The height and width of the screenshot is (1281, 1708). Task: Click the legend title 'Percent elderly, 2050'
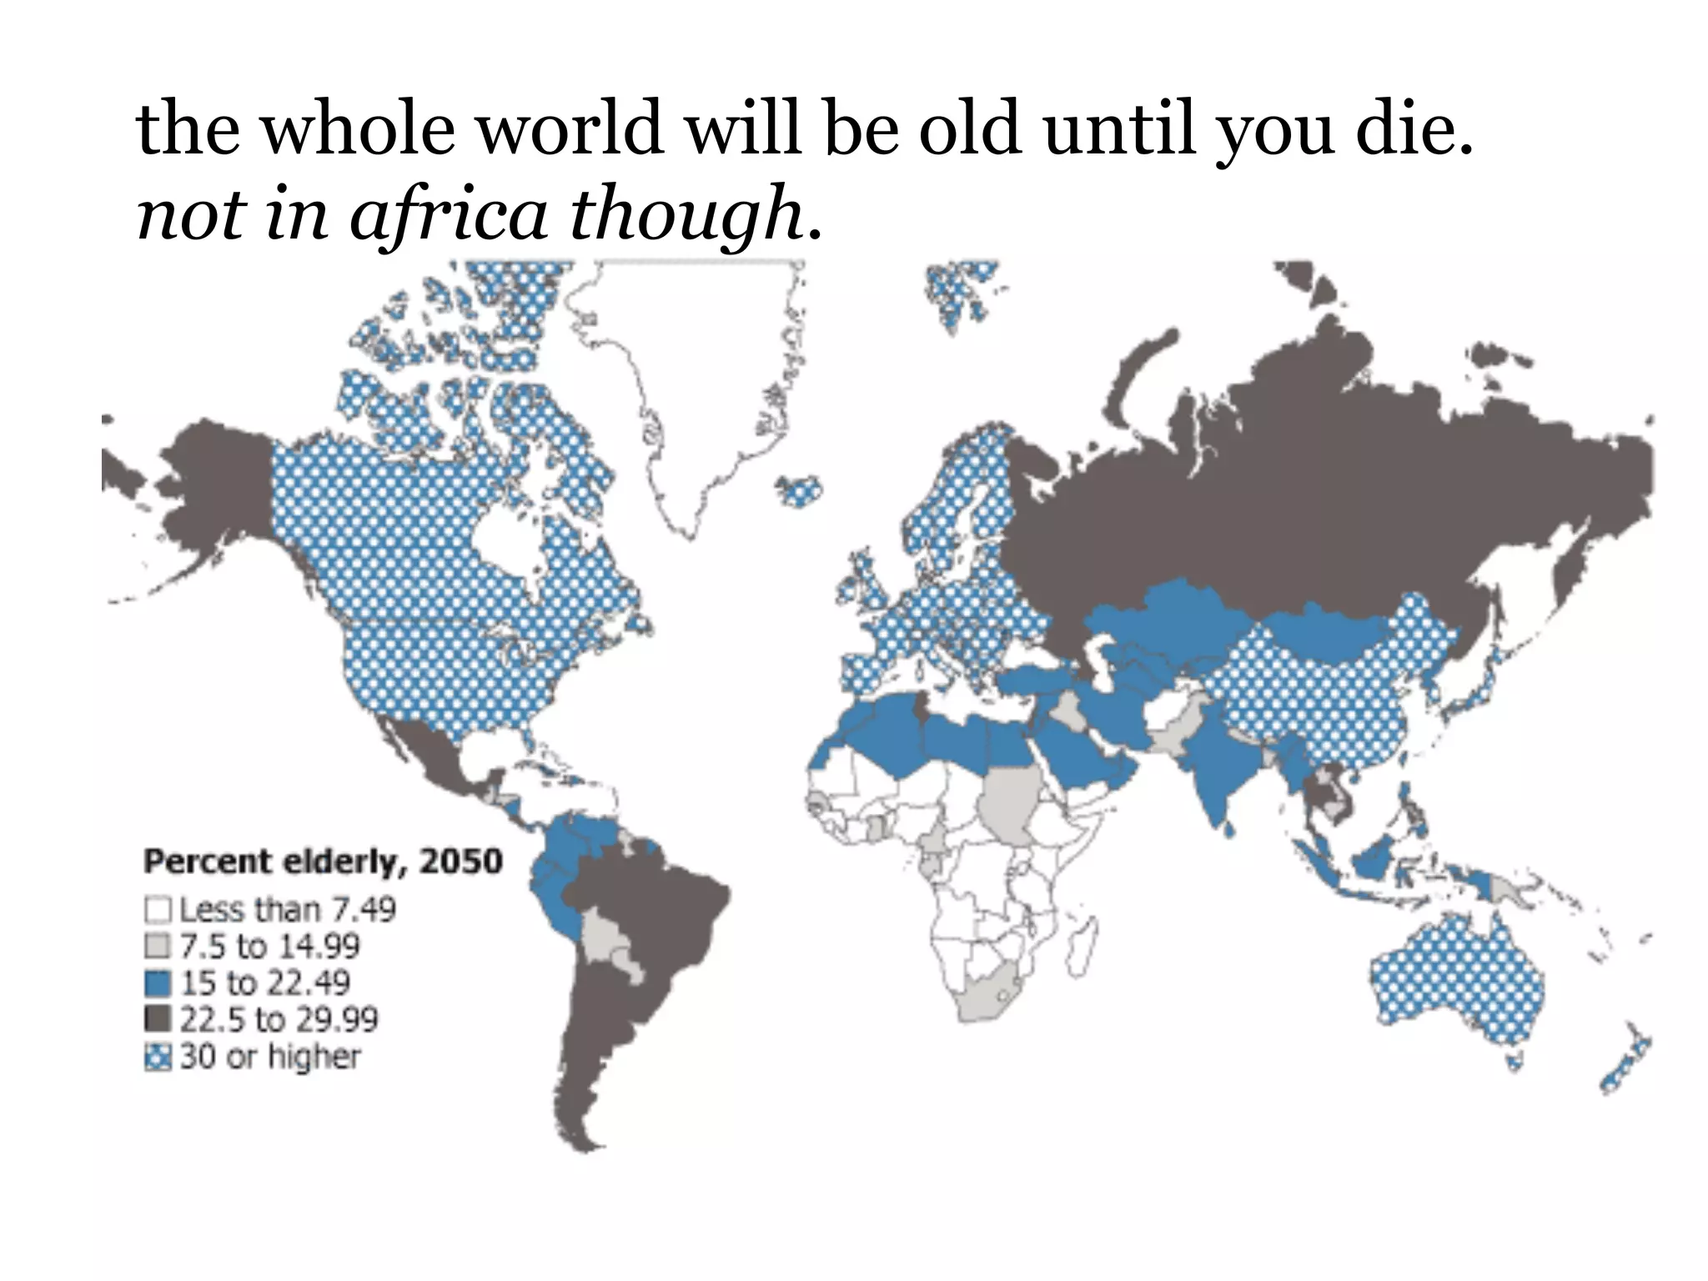click(324, 862)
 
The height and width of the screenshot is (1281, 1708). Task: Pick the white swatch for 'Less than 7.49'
click(158, 909)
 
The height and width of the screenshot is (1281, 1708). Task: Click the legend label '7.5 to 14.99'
click(270, 946)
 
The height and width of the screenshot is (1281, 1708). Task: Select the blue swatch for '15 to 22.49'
click(158, 982)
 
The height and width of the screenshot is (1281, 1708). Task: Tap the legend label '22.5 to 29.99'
click(279, 1019)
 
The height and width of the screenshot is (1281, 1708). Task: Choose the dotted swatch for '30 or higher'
click(158, 1057)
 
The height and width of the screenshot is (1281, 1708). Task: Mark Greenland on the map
click(676, 375)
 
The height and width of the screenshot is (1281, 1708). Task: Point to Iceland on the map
click(800, 491)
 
